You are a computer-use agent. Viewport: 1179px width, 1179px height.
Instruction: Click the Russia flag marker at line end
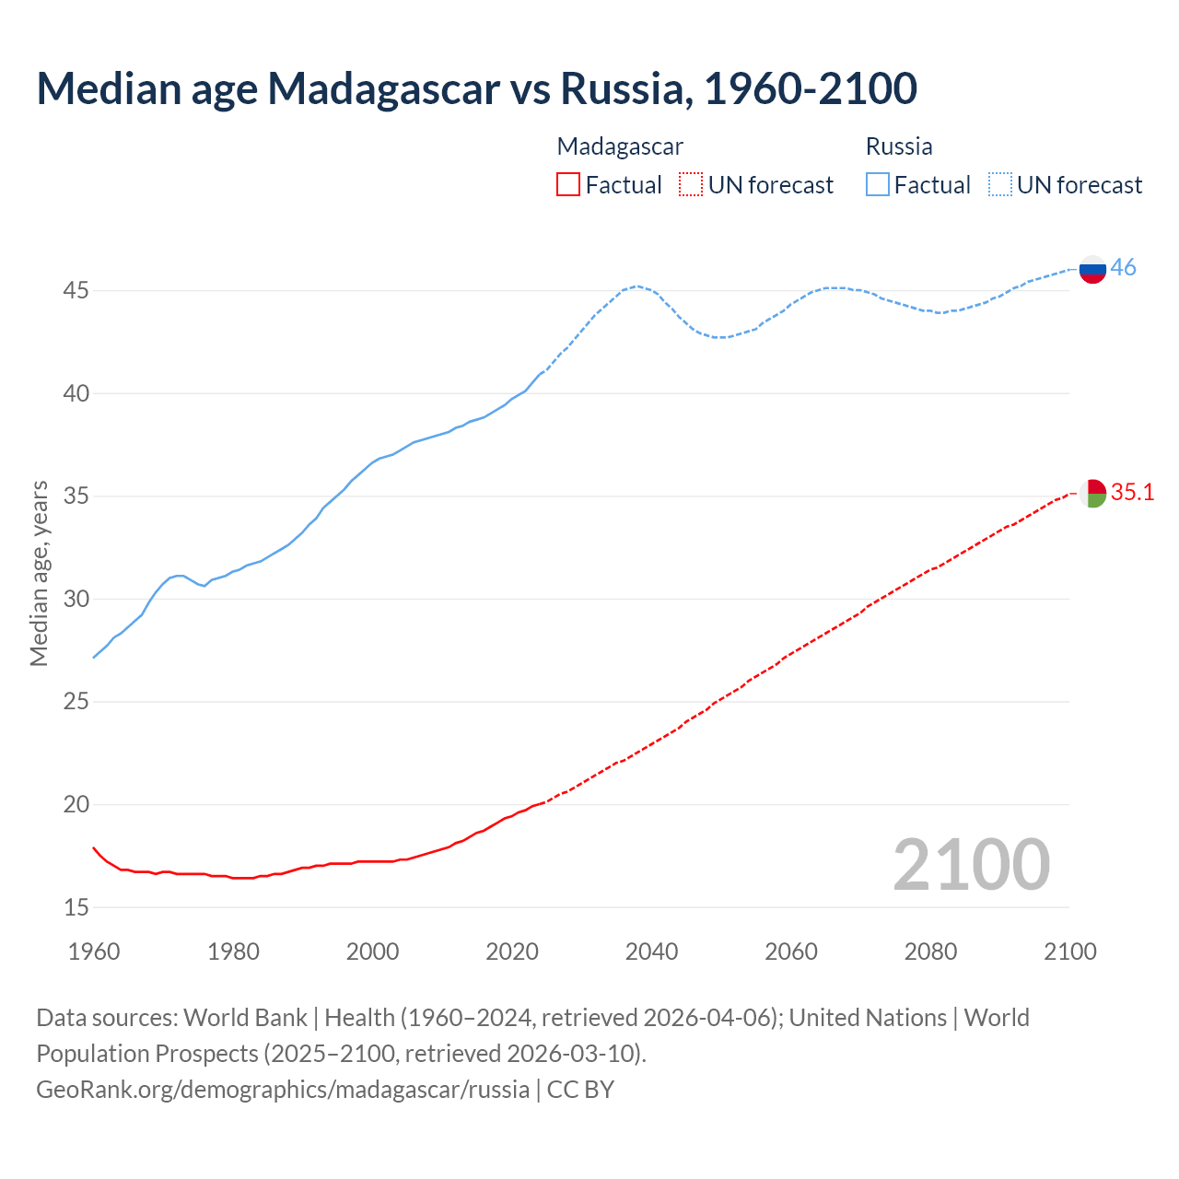click(1092, 270)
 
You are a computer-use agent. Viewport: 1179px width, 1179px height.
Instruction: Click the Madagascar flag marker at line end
click(1092, 494)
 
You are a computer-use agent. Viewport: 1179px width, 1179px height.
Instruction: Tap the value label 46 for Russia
click(1124, 268)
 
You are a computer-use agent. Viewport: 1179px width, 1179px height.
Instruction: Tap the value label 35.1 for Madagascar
click(1132, 493)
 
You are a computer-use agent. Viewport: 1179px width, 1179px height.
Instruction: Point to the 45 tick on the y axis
click(76, 291)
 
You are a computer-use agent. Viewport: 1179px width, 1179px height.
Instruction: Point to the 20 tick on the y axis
click(76, 805)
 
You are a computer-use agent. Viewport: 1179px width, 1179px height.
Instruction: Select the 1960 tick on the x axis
click(94, 951)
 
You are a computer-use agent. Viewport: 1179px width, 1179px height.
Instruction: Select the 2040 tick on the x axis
click(651, 951)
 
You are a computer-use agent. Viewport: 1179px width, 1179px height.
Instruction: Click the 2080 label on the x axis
click(930, 951)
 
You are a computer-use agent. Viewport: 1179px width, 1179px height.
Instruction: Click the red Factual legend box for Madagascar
click(568, 185)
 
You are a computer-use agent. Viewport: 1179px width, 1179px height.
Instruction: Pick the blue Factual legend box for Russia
click(877, 185)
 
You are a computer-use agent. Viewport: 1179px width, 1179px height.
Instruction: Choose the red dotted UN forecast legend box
click(691, 185)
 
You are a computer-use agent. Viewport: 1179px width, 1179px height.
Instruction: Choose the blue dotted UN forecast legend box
click(999, 185)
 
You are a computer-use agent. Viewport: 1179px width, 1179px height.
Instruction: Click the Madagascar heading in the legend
click(620, 146)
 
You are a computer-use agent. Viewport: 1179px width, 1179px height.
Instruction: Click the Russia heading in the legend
click(899, 146)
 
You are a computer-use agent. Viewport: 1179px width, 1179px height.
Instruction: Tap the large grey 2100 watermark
click(971, 864)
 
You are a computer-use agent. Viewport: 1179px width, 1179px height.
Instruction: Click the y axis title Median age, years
click(40, 573)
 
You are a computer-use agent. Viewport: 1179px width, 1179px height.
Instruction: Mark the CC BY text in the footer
click(580, 1090)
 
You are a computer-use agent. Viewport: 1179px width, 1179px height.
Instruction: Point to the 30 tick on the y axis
click(76, 600)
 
